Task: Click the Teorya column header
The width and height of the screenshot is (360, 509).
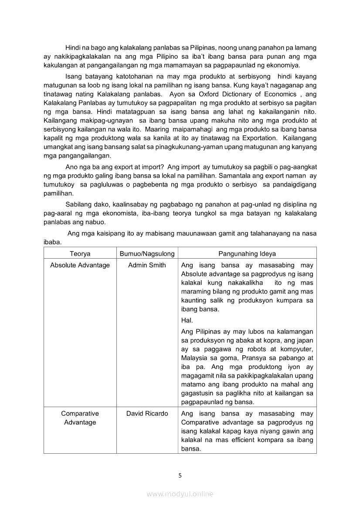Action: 80,253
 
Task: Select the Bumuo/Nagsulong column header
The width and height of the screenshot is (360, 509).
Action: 147,253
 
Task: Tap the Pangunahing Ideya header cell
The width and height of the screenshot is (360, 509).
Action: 247,253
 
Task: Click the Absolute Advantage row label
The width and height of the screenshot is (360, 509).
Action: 80,265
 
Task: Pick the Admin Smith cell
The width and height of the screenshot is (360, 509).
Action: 147,265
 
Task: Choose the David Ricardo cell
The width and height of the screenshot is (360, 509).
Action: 147,413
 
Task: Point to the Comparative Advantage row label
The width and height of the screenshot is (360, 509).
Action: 80,418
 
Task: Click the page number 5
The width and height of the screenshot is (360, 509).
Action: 180,475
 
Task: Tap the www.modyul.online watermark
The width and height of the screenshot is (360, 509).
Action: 180,494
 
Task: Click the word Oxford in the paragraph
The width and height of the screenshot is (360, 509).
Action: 198,94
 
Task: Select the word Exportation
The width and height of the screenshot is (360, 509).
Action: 246,138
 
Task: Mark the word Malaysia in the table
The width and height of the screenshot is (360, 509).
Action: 194,358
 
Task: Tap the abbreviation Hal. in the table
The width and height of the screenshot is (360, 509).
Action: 187,320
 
